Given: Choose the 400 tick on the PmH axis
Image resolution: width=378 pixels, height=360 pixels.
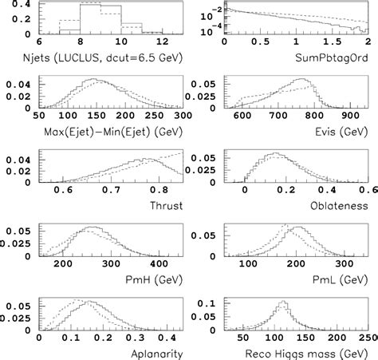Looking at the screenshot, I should [x=159, y=263].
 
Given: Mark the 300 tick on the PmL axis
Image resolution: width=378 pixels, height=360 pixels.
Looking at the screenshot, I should [x=345, y=263].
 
